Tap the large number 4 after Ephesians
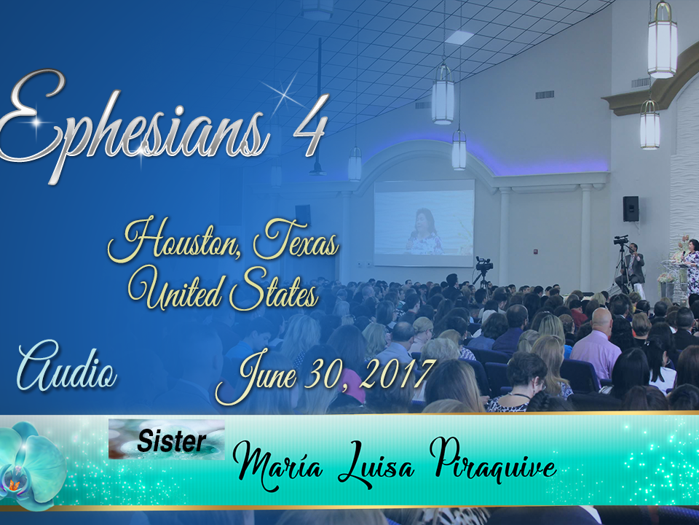[x=310, y=125]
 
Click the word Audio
[x=67, y=366]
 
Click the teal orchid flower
[x=31, y=465]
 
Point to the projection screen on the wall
[x=424, y=223]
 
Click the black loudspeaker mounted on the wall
[x=631, y=209]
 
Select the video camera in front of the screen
[x=483, y=264]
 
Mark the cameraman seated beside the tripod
[x=632, y=265]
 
